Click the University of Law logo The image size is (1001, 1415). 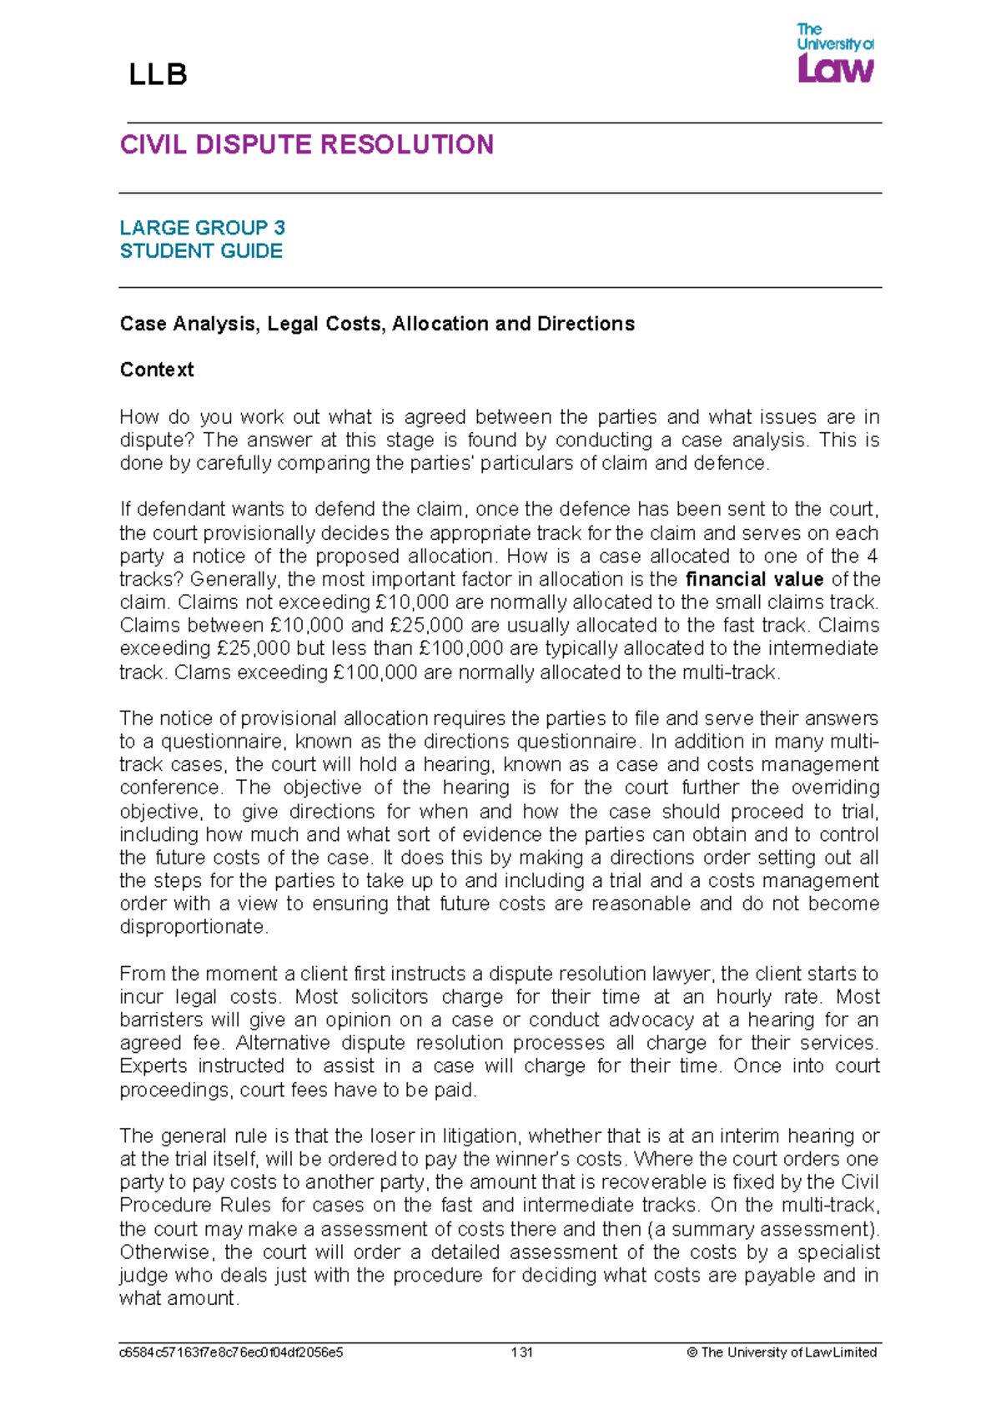[x=835, y=53]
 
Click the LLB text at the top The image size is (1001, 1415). [x=158, y=75]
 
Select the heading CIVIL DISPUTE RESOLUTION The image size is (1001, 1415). [x=306, y=144]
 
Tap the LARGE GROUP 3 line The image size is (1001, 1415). [x=202, y=228]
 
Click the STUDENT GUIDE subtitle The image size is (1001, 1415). [x=201, y=251]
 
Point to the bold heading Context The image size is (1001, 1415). [x=157, y=370]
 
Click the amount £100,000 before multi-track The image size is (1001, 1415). [x=375, y=672]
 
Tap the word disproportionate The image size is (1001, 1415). [x=194, y=927]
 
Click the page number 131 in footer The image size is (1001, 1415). [x=521, y=1352]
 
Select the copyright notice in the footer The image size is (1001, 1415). [x=782, y=1352]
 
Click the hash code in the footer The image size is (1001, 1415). [x=231, y=1352]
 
